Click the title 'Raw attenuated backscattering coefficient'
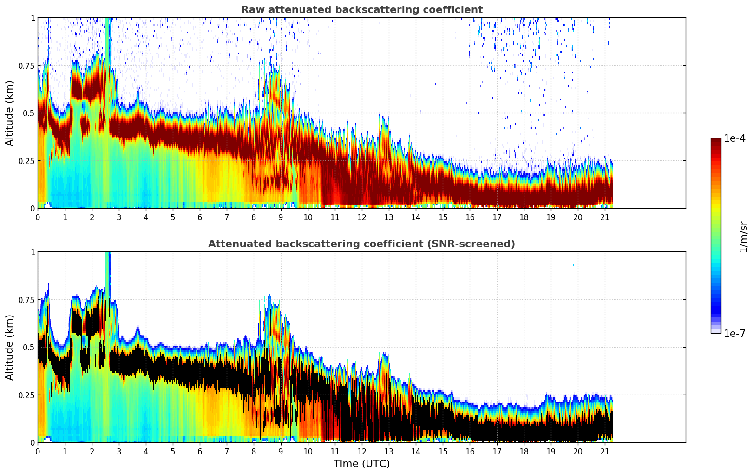(x=361, y=10)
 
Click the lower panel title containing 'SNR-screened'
(x=361, y=244)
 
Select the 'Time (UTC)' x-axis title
(x=361, y=464)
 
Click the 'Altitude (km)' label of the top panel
(x=10, y=113)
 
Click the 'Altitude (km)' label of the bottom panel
(x=10, y=347)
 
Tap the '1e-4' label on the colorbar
(x=734, y=138)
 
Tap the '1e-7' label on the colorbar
(x=734, y=334)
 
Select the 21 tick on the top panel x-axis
(x=605, y=217)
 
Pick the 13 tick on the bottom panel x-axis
(x=389, y=452)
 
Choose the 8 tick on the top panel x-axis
(x=254, y=217)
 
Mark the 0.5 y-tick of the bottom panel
(x=29, y=347)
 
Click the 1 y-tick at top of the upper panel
(x=33, y=18)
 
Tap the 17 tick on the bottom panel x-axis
(x=497, y=452)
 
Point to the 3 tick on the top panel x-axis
(x=119, y=217)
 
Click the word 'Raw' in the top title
(x=251, y=10)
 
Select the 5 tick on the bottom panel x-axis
(x=173, y=452)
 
